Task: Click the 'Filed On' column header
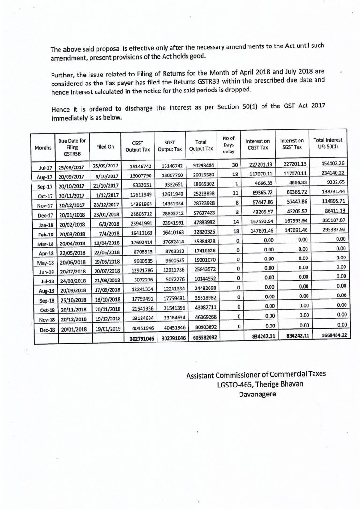(x=105, y=147)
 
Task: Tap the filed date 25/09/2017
(x=105, y=166)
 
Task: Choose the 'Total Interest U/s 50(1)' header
(x=328, y=143)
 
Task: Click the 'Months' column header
(x=43, y=147)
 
